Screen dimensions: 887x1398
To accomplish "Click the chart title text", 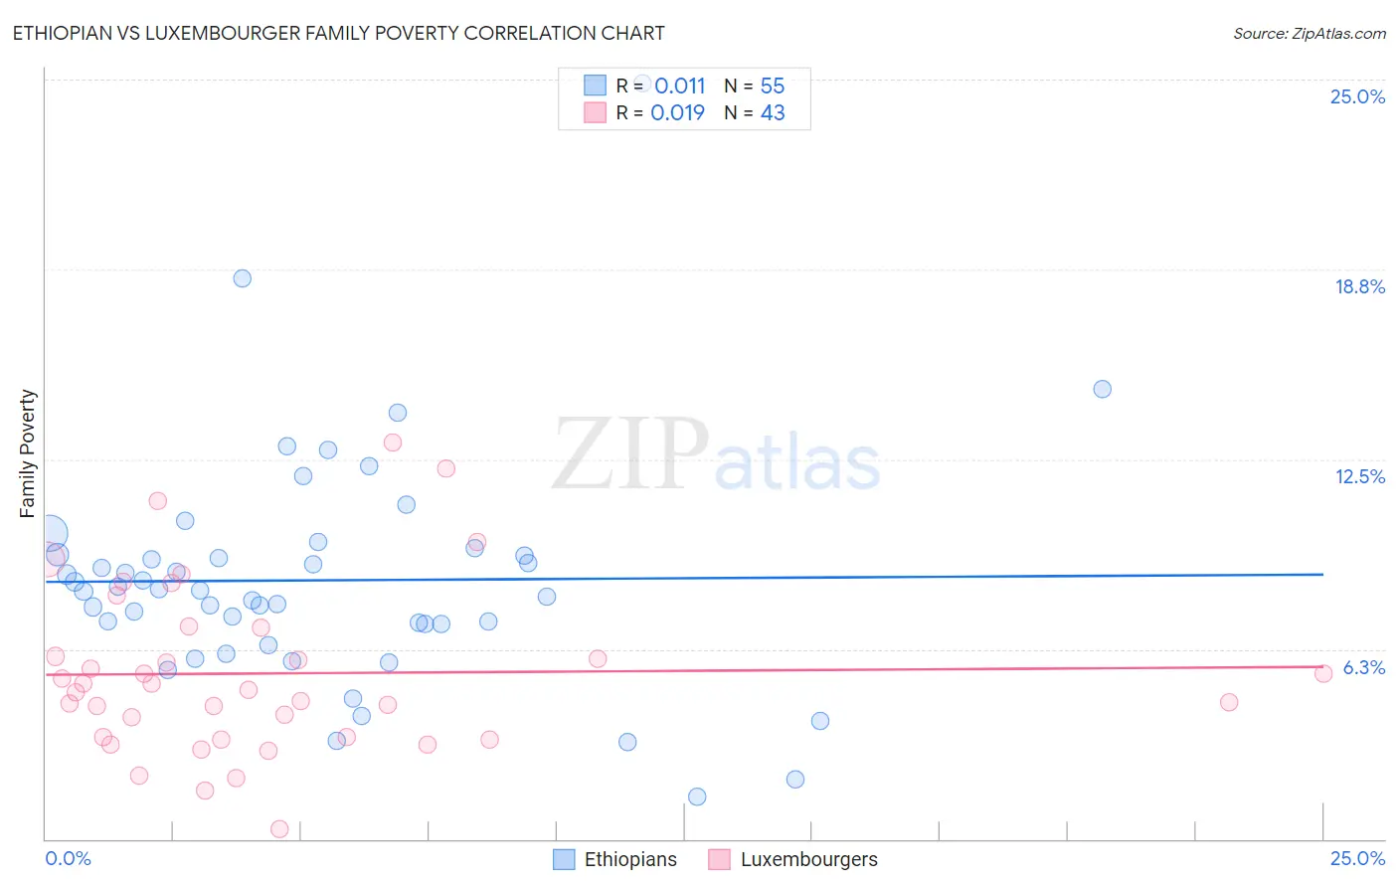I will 338,33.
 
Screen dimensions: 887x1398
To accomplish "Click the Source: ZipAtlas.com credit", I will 1309,33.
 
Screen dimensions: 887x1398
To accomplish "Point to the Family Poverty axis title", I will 27,453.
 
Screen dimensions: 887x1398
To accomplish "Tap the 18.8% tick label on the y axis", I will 1359,286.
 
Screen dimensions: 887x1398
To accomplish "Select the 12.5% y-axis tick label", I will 1359,476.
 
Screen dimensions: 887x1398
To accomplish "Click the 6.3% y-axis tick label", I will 1363,667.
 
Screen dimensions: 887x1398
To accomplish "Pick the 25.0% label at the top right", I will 1357,96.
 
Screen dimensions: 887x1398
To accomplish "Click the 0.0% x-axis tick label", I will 68,858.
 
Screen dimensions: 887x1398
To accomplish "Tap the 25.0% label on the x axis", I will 1357,858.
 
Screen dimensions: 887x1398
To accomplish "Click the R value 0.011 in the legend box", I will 679,87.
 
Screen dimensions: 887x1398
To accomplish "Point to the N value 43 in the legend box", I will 773,112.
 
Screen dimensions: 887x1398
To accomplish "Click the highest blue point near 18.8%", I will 243,278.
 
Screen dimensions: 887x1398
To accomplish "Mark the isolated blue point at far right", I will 1102,389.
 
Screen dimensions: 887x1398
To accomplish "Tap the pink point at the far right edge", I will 1323,674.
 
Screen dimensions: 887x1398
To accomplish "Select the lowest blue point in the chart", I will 697,797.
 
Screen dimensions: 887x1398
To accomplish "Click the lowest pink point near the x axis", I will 279,829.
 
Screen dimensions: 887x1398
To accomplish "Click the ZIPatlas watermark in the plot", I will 716,455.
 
